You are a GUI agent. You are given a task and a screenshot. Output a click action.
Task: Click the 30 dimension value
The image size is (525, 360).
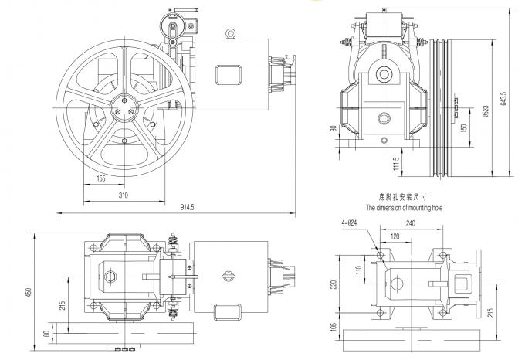tap(333, 130)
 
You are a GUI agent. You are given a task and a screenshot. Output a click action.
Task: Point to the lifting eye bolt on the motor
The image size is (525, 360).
tap(229, 33)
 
